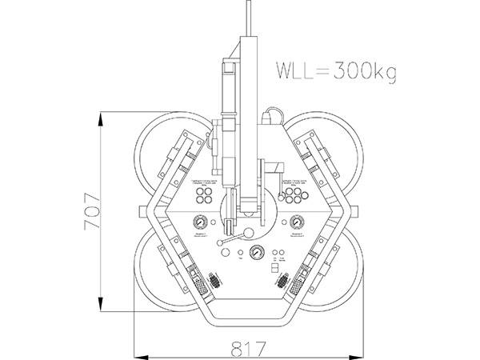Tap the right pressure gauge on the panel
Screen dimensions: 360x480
[298, 223]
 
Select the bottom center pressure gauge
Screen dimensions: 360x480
[257, 253]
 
